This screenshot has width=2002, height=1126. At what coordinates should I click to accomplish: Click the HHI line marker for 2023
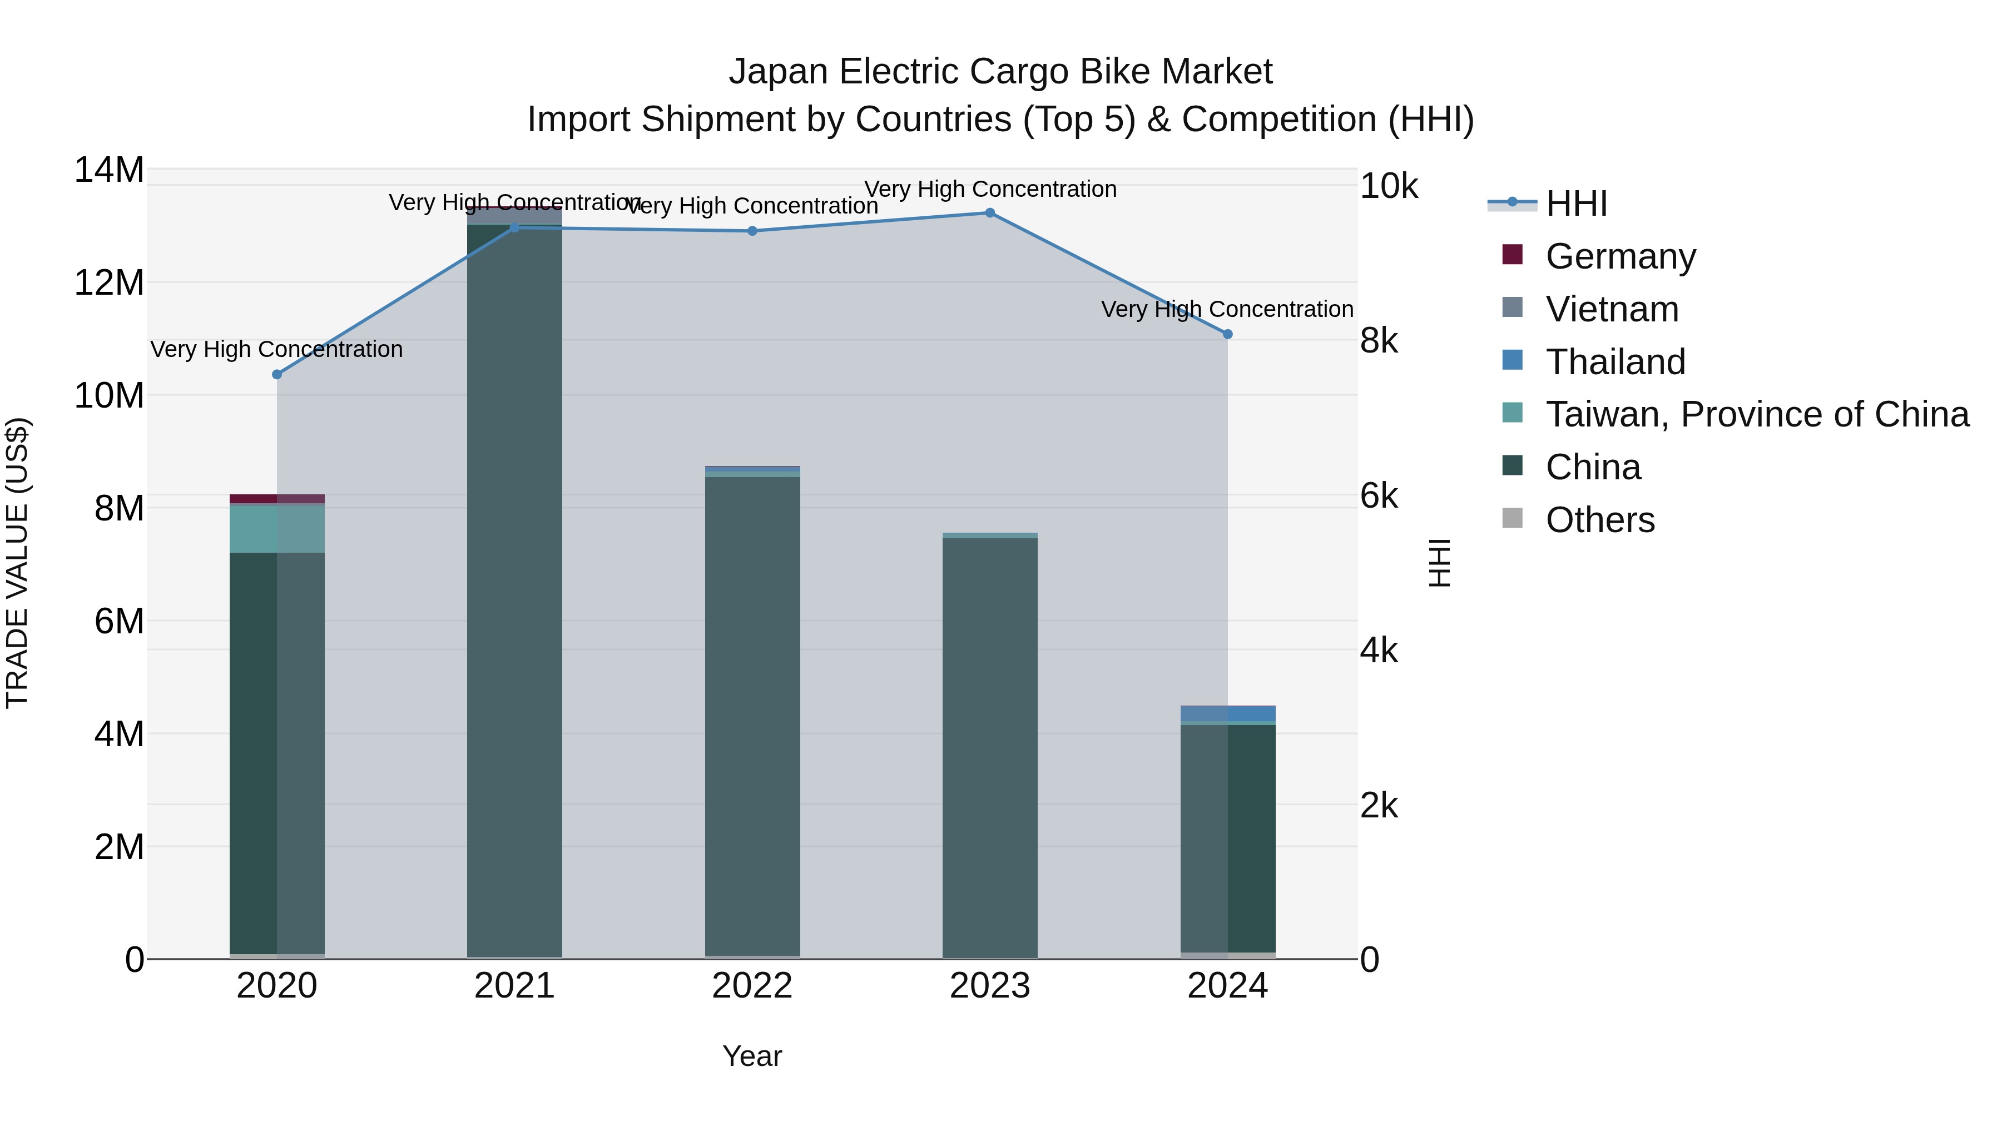(989, 213)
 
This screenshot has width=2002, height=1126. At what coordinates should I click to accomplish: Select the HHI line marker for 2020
(277, 375)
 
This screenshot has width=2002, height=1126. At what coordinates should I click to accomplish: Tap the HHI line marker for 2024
(1227, 334)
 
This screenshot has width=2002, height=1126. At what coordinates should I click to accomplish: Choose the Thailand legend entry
(1615, 362)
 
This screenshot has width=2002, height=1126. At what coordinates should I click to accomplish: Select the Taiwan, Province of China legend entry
(1756, 414)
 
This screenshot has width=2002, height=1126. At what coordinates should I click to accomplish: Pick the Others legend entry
(1599, 520)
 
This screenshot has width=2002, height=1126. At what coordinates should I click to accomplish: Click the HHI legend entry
(1575, 204)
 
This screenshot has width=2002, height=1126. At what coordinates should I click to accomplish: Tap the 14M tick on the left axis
(109, 170)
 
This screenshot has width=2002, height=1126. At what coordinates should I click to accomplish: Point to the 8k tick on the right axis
(1379, 341)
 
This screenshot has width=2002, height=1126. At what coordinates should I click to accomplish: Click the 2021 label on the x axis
(514, 986)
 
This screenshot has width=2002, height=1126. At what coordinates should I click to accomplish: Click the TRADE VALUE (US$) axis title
(17, 563)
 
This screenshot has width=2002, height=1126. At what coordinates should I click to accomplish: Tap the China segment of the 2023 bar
(989, 746)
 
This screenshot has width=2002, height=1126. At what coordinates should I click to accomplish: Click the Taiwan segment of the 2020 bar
(277, 528)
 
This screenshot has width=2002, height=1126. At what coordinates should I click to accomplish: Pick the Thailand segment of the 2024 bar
(1227, 713)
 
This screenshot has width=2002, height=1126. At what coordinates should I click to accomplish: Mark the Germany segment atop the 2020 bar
(277, 499)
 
